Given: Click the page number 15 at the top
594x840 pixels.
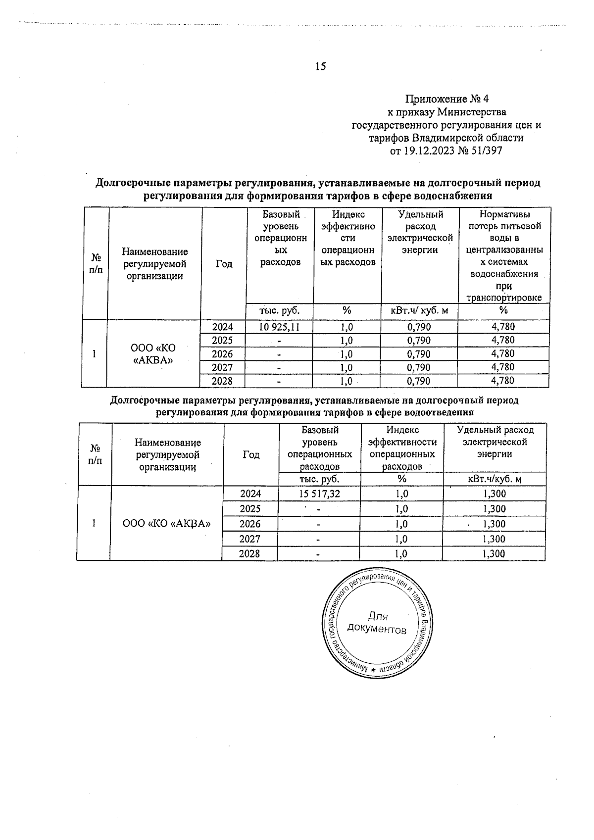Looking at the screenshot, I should pyautogui.click(x=320, y=66).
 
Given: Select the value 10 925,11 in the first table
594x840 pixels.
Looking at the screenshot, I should pyautogui.click(x=280, y=327).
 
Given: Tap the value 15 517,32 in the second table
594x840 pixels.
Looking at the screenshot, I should pyautogui.click(x=319, y=494).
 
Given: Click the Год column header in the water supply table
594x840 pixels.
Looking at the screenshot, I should pyautogui.click(x=224, y=264).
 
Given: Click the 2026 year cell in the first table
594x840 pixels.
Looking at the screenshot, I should pyautogui.click(x=222, y=354).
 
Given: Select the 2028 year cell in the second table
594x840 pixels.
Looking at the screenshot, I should pyautogui.click(x=249, y=554).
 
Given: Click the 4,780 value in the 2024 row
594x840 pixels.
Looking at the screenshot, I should pyautogui.click(x=503, y=327).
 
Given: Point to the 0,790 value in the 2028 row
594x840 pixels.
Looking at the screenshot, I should pyautogui.click(x=419, y=381).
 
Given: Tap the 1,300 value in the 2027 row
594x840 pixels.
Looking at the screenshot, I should pyautogui.click(x=494, y=539).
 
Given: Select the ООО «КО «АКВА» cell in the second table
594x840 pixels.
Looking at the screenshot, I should pyautogui.click(x=167, y=524).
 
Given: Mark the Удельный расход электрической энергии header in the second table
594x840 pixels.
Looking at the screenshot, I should pyautogui.click(x=495, y=442).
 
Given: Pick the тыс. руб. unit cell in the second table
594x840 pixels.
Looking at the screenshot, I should pyautogui.click(x=319, y=479).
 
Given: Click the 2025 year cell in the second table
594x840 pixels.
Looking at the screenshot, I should pyautogui.click(x=249, y=509).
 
